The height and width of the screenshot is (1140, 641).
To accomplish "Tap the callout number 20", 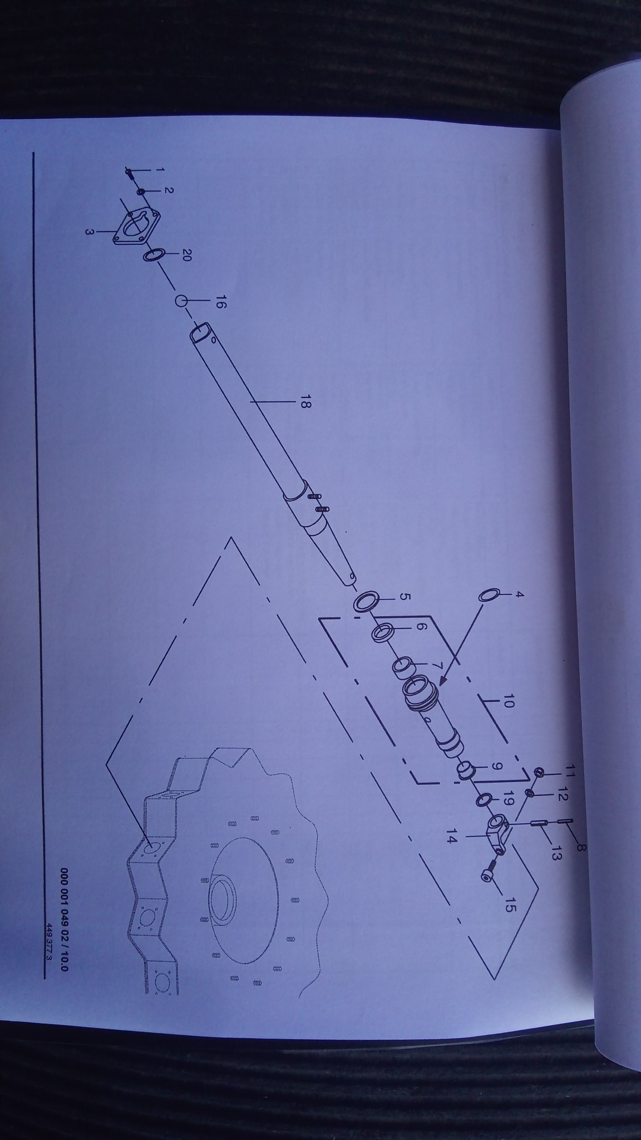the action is point(187,255).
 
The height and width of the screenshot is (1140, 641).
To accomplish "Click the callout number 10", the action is point(507,703).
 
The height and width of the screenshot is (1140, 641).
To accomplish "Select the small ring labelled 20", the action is point(154,255).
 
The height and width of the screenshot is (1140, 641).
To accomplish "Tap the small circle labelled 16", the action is point(180,301).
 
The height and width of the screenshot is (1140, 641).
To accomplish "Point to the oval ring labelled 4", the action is point(488,595).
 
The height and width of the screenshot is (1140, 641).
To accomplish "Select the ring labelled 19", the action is point(483,800).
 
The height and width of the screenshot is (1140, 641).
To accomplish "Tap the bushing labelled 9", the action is point(465,770).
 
